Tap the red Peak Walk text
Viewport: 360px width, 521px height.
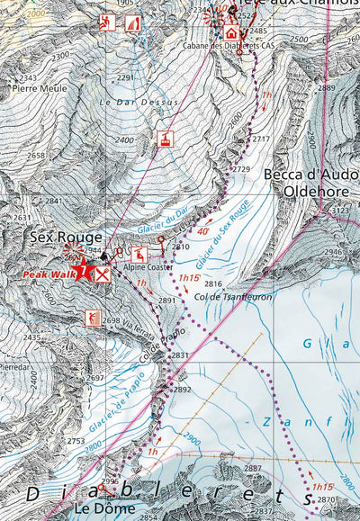[47, 274]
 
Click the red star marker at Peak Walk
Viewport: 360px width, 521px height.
[83, 269]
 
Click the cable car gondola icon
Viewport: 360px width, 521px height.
[166, 139]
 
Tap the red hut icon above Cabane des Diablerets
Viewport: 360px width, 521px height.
[231, 33]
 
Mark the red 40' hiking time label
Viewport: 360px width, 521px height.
[203, 231]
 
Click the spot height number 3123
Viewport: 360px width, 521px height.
[341, 210]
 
